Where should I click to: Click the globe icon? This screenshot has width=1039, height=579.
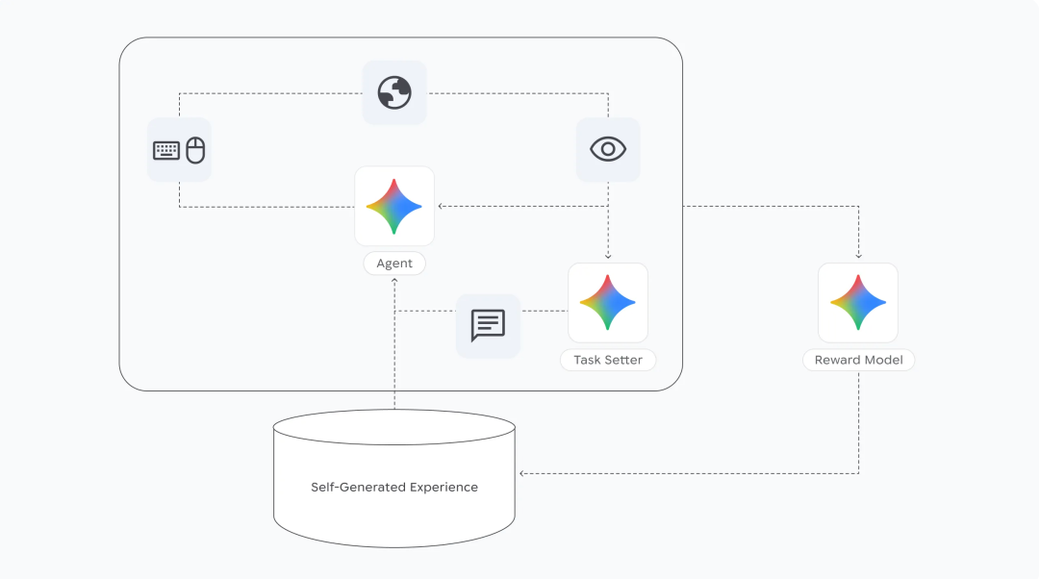click(x=394, y=92)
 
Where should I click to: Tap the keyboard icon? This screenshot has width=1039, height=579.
click(x=166, y=150)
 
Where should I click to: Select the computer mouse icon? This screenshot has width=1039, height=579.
click(x=195, y=150)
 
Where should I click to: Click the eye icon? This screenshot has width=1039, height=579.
click(x=608, y=149)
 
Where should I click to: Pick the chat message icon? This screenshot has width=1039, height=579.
click(x=488, y=325)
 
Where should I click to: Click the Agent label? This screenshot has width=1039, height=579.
click(x=394, y=264)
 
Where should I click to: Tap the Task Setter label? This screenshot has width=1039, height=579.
click(x=608, y=360)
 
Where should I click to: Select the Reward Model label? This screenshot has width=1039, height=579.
click(x=858, y=360)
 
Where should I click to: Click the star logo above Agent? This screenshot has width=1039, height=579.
click(x=394, y=206)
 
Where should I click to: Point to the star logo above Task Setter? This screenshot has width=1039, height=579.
click(x=608, y=302)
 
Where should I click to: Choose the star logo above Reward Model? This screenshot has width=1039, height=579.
click(x=858, y=302)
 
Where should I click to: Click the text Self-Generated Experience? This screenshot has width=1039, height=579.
click(x=394, y=487)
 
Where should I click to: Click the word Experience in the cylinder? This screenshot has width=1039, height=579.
click(x=443, y=487)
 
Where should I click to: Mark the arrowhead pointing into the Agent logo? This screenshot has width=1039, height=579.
click(x=441, y=206)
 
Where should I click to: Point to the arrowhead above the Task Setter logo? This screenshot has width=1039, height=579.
click(x=608, y=257)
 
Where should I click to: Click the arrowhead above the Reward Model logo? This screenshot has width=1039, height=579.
click(x=858, y=257)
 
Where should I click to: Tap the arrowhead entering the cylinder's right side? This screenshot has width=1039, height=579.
click(x=521, y=473)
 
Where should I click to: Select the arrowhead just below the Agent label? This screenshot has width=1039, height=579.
click(x=394, y=280)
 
